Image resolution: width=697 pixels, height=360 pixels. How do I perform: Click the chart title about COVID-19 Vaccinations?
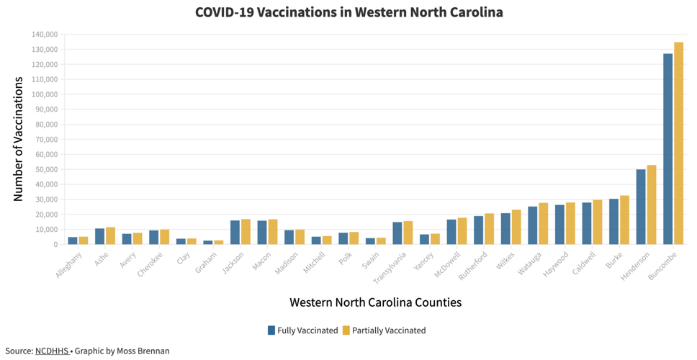tap(348, 12)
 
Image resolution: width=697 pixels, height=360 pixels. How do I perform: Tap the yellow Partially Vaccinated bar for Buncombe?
tap(678, 143)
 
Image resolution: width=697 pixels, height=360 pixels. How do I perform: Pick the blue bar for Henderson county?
tap(641, 207)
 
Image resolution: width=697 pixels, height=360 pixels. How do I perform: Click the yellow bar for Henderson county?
tap(652, 204)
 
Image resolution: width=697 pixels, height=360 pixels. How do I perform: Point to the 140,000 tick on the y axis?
tap(45, 35)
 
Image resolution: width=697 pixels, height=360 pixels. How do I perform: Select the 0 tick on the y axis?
tap(55, 245)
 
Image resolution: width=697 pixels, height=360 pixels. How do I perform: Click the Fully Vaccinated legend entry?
tap(302, 330)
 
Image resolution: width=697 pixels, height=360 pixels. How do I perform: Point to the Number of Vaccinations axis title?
tap(19, 138)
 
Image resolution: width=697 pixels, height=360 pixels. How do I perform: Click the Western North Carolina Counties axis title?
tap(375, 302)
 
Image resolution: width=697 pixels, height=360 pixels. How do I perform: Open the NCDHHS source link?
tap(51, 351)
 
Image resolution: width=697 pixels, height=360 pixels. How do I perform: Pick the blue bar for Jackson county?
tap(235, 233)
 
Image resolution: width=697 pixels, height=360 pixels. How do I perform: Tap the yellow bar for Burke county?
tap(624, 220)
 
